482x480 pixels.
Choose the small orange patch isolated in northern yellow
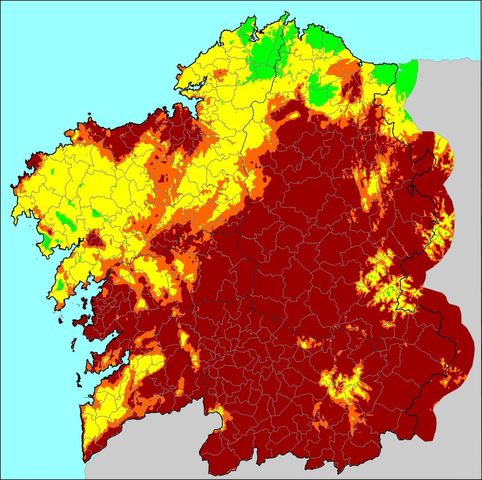point(220,73)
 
